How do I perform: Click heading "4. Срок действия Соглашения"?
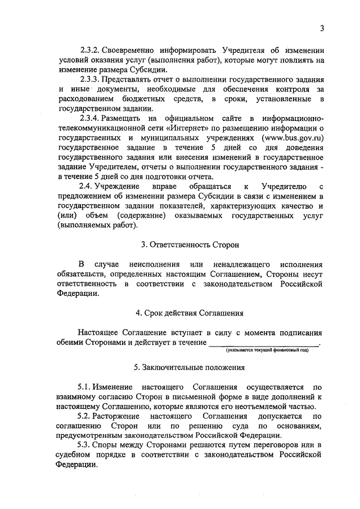point(190,313)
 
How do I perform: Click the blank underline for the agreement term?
point(263,343)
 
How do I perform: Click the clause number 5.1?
point(85,387)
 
